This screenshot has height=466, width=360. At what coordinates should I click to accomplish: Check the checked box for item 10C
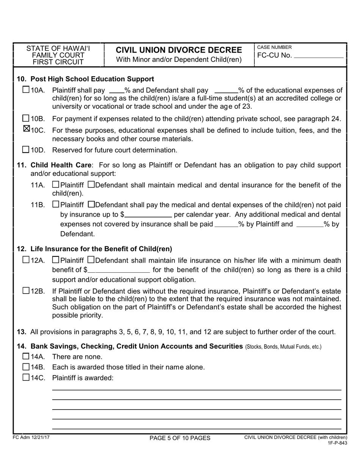[26, 129]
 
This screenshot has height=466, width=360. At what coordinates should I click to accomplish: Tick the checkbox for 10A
[26, 90]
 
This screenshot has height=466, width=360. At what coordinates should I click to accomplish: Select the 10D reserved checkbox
[26, 150]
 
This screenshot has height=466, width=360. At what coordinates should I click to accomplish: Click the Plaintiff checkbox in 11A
[56, 185]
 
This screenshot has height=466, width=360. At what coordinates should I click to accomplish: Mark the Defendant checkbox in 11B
[91, 205]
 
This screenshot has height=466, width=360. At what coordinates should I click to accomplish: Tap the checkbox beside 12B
[26, 291]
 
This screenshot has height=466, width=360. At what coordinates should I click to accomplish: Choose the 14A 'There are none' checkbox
[26, 356]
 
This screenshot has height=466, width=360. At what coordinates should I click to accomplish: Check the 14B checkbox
[26, 367]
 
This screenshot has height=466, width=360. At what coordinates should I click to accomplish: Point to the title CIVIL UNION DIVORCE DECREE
[178, 50]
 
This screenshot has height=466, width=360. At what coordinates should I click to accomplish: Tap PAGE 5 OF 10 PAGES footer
[180, 438]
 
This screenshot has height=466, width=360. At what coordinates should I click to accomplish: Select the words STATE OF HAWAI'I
[58, 48]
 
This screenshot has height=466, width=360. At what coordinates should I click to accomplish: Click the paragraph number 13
[21, 332]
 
